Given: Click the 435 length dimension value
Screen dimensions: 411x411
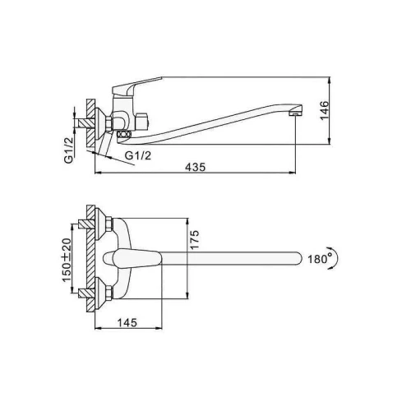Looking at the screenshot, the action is (x=195, y=167).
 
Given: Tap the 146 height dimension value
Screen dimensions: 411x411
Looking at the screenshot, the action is (x=325, y=110).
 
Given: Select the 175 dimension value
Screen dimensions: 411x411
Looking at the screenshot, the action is (x=194, y=240).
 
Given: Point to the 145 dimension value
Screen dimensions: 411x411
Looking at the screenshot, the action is (x=127, y=322).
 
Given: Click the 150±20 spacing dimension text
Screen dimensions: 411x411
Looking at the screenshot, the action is (x=67, y=261).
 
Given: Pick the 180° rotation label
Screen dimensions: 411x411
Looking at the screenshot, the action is (x=320, y=258).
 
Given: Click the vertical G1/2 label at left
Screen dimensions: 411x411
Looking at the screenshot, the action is (x=69, y=150).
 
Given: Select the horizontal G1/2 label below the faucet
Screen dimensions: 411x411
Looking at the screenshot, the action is (x=138, y=155).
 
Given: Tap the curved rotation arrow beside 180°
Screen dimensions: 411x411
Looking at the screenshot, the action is (x=335, y=257).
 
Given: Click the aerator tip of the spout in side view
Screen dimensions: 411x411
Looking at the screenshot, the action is (x=296, y=113).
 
